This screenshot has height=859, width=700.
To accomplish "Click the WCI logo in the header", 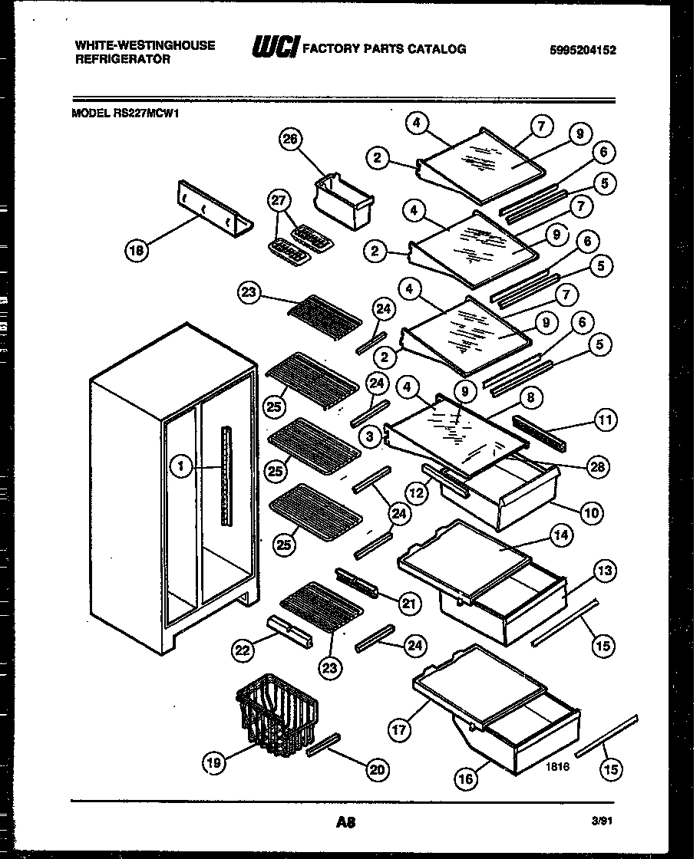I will coord(275,48).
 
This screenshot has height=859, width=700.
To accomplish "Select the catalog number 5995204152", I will coord(583,50).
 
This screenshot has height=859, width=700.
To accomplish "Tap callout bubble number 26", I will coord(292,140).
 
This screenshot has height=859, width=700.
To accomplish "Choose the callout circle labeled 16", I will coord(466,778).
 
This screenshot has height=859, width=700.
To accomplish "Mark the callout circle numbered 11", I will coord(605,420).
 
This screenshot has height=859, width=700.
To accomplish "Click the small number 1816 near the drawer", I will coord(558,766).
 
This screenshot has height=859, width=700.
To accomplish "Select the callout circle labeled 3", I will coord(371,436).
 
